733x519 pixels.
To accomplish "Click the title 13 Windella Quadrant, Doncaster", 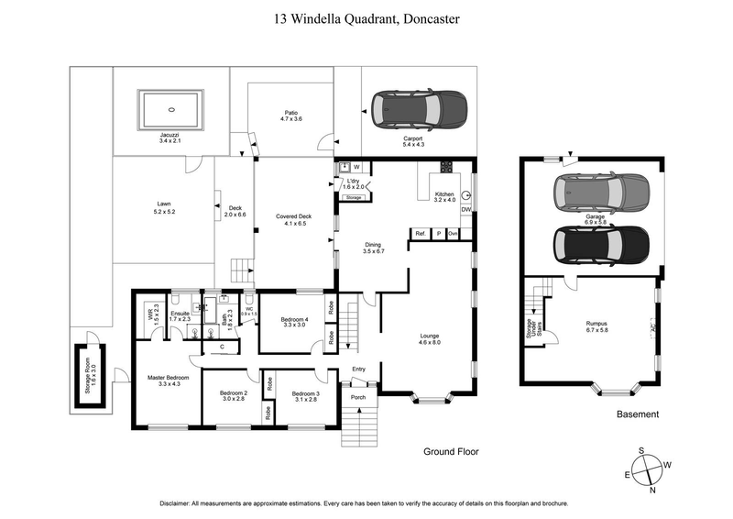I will pos(366,17).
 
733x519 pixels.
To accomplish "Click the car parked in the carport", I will pos(417,111).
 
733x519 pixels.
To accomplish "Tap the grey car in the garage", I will pos(601,192).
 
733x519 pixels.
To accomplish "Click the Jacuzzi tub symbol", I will pos(170,109).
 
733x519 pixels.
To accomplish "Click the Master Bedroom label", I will pos(169,381).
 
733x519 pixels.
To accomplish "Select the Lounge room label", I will pos(430,339).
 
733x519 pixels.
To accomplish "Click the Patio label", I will pos(290,116).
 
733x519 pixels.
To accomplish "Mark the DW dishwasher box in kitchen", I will pos(466,210).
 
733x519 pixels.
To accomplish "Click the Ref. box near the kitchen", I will pos(421,234).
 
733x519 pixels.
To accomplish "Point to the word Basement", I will pos(637,414).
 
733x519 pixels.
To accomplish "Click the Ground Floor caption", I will pos(451,451).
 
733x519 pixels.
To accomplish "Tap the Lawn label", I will pos(164,207).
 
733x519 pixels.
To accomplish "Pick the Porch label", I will pos(357,397).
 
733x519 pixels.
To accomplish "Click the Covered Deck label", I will pos(293,219).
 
